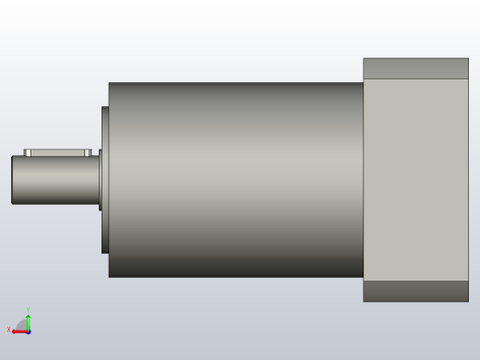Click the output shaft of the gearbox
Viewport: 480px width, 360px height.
[55, 180]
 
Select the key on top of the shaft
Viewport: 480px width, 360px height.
[58, 152]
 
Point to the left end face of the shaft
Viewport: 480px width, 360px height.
[13, 180]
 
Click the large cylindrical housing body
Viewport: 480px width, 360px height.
[235, 180]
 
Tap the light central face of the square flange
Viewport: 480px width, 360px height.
[415, 180]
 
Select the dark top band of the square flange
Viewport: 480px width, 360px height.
[415, 68]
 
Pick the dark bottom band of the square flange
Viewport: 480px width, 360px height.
[415, 291]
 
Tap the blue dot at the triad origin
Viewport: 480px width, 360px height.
[29, 331]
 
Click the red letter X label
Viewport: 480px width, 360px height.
[9, 330]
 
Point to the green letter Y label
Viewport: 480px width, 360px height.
[28, 310]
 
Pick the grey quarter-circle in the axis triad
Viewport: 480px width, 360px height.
[23, 326]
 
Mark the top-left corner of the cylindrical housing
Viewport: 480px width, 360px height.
[110, 84]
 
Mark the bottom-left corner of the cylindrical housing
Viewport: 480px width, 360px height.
[110, 276]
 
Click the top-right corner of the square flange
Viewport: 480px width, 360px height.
[467, 60]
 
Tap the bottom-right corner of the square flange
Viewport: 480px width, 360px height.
[467, 300]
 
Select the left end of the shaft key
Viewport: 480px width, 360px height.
[26, 152]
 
